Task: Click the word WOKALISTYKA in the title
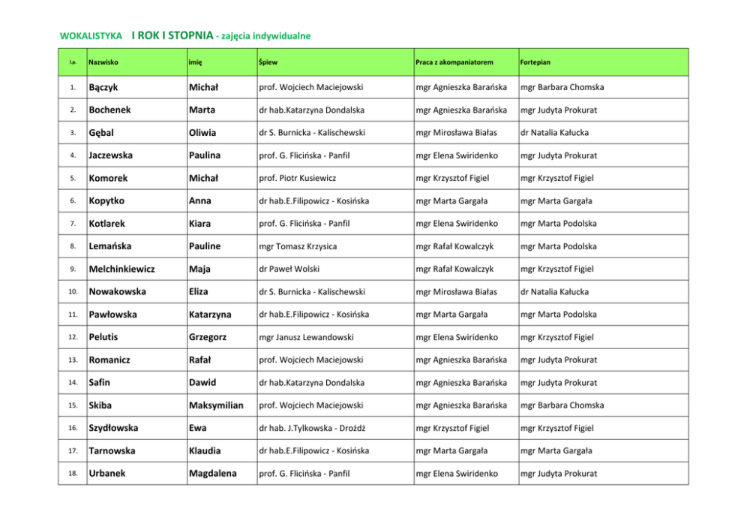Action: pyautogui.click(x=91, y=35)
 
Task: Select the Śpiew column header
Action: pyautogui.click(x=268, y=62)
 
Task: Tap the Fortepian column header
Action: pyautogui.click(x=535, y=62)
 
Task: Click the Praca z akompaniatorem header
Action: pyautogui.click(x=454, y=62)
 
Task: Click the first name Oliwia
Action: pyautogui.click(x=202, y=133)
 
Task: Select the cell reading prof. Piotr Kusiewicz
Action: pyautogui.click(x=297, y=178)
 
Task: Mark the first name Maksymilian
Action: pyautogui.click(x=216, y=405)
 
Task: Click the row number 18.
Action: pyautogui.click(x=71, y=474)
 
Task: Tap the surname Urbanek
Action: pyautogui.click(x=107, y=474)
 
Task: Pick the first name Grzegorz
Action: pyautogui.click(x=208, y=337)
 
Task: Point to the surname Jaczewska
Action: pyautogui.click(x=110, y=155)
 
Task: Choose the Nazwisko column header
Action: pyautogui.click(x=103, y=62)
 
